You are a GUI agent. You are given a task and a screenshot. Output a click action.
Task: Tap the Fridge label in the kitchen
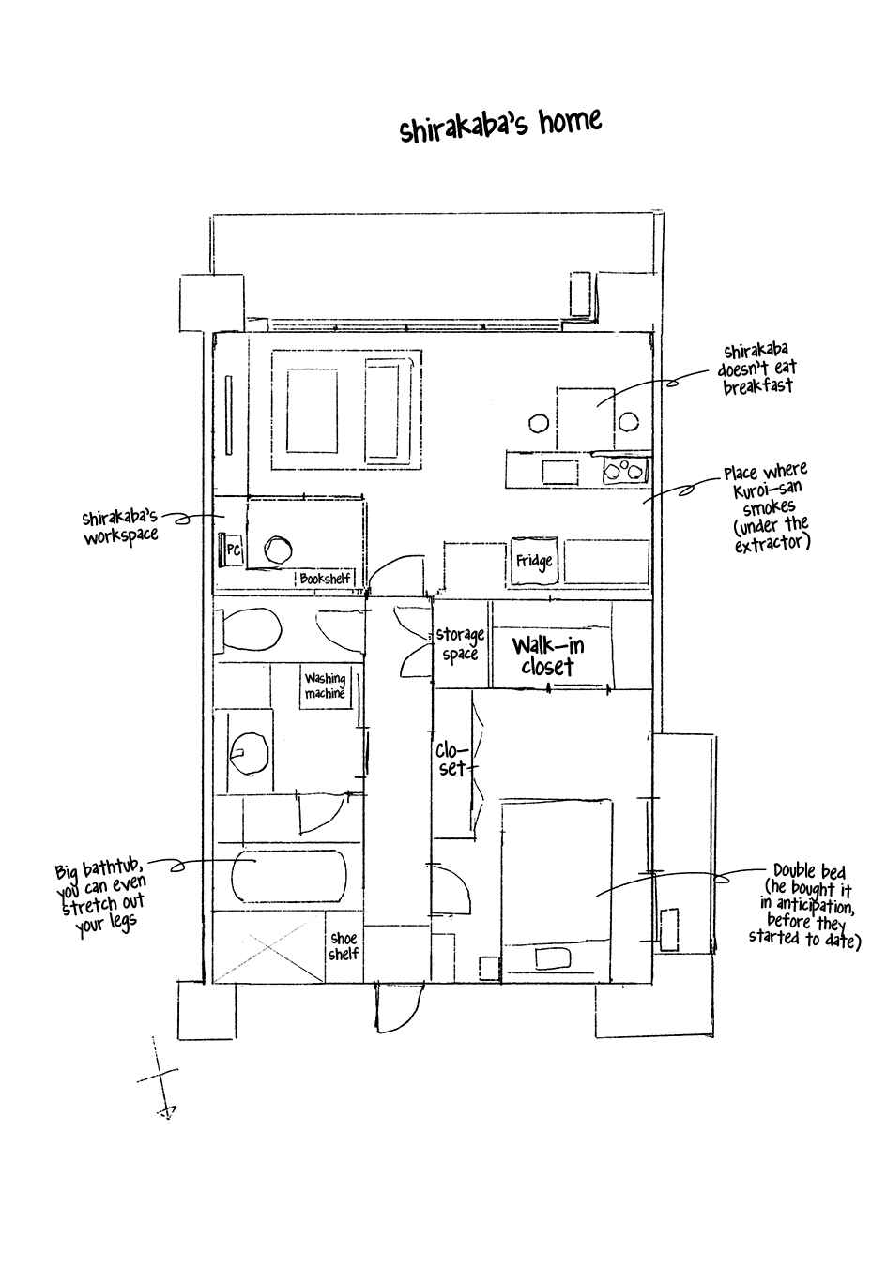[534, 561]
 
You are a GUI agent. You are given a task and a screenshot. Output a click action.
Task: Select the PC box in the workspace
[231, 550]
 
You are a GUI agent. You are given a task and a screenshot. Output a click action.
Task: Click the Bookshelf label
[325, 579]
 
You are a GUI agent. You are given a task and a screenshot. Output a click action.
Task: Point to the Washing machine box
[326, 686]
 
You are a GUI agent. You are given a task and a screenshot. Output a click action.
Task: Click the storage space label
[461, 643]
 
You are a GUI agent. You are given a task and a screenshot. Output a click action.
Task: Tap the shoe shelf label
[344, 946]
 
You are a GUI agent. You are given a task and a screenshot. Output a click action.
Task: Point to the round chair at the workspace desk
[278, 550]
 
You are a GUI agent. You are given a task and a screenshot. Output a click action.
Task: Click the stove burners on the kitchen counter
[624, 471]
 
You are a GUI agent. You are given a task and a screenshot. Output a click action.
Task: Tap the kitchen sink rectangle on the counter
[560, 473]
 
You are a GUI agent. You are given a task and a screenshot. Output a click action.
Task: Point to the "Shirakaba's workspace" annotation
[120, 526]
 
